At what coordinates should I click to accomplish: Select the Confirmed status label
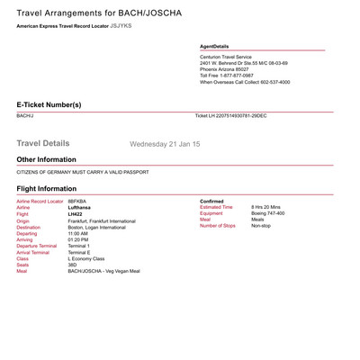pyautogui.click(x=211, y=201)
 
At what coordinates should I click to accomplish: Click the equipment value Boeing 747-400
pyautogui.click(x=267, y=213)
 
